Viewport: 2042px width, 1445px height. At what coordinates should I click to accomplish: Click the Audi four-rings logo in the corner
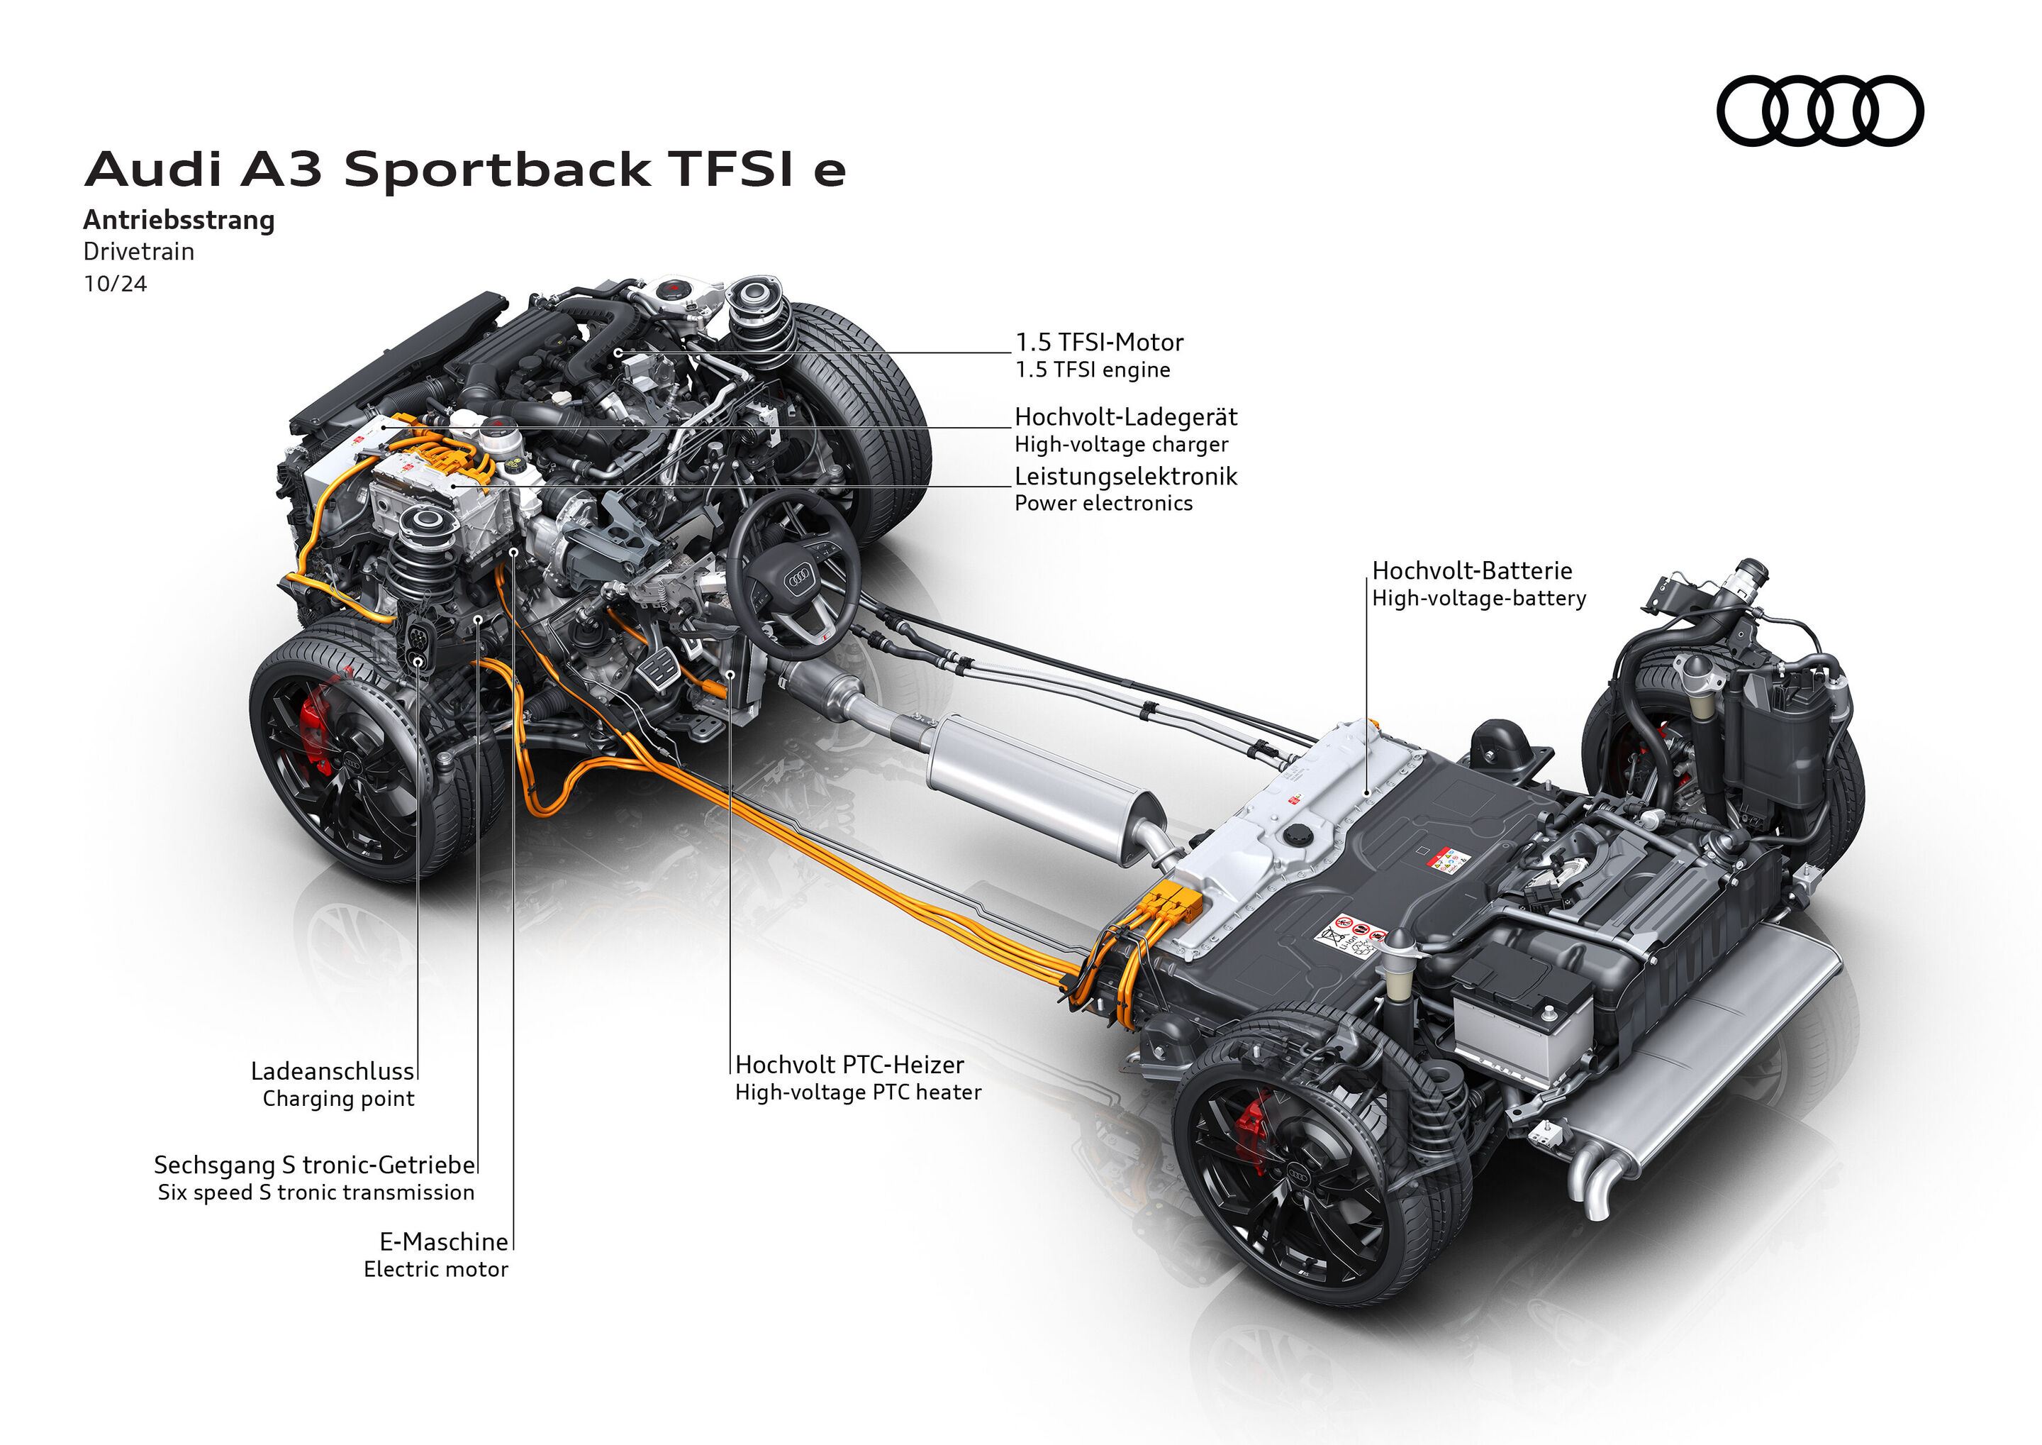[1819, 111]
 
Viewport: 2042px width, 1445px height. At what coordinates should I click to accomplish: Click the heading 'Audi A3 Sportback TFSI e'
[464, 169]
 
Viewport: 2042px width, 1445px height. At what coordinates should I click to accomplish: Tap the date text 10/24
[115, 284]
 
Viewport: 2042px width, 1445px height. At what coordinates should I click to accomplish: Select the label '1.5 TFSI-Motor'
[1099, 343]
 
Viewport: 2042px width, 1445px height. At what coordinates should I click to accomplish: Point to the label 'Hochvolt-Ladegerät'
[1125, 417]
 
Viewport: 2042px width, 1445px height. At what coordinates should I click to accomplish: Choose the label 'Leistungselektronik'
[1125, 477]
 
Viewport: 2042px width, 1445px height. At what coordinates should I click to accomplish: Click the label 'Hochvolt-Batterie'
[1471, 571]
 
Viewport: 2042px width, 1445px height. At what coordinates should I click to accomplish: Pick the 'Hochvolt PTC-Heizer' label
[849, 1065]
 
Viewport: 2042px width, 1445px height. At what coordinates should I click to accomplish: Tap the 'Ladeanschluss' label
[333, 1071]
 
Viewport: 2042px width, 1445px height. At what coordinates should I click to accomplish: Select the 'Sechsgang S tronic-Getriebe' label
[314, 1165]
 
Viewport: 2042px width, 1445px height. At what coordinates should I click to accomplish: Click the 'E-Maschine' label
[443, 1242]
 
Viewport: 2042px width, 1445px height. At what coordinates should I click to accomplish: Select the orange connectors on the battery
[1173, 904]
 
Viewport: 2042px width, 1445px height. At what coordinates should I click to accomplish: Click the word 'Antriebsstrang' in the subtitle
[179, 220]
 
